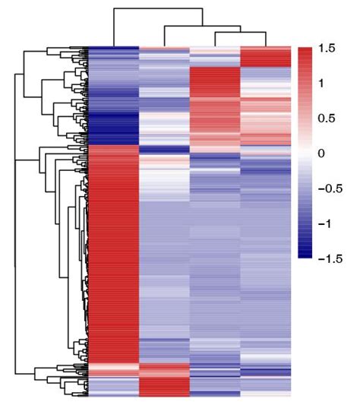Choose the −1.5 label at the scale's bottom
pyautogui.click(x=332, y=258)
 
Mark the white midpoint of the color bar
pyautogui.click(x=305, y=154)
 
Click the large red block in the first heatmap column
pyautogui.click(x=114, y=251)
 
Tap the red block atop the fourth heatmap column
pyautogui.click(x=266, y=57)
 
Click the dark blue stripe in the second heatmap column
pyautogui.click(x=164, y=148)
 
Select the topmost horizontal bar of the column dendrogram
pyautogui.click(x=158, y=8)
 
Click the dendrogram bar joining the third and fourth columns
pyautogui.click(x=240, y=33)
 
